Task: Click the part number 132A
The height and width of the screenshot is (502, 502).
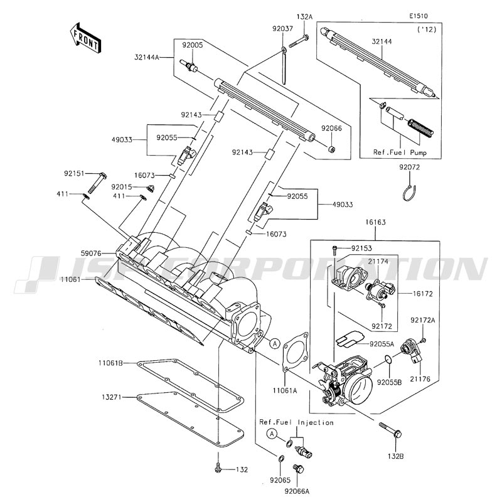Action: [304, 16]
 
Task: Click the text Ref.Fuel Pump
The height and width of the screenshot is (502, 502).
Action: [409, 151]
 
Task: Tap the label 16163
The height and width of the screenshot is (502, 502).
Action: [376, 222]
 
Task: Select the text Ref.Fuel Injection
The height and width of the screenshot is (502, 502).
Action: [296, 422]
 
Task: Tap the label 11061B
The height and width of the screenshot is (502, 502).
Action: [110, 363]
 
